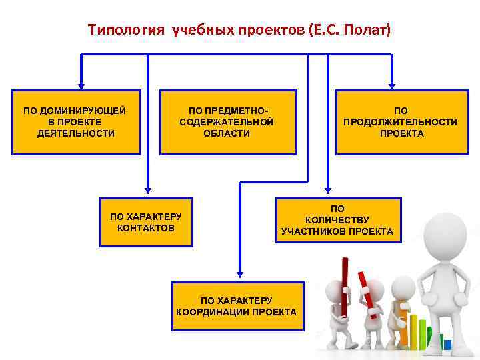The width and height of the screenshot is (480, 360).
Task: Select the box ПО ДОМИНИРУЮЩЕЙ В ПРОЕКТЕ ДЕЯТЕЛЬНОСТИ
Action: [75, 122]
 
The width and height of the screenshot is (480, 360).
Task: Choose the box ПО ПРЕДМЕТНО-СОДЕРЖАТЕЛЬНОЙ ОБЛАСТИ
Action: [227, 122]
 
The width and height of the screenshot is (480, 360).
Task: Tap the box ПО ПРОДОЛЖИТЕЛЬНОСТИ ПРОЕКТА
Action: [400, 122]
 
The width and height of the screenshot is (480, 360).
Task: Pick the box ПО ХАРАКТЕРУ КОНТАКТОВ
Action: [145, 222]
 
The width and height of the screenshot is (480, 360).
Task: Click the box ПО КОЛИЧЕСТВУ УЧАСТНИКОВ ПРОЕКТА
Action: [337, 221]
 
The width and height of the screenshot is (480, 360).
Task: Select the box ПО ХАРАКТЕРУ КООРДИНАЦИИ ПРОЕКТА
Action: [237, 306]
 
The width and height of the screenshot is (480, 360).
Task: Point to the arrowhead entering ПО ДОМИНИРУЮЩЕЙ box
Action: [81, 85]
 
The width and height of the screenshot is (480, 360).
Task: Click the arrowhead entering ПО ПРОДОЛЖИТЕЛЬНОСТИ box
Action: [392, 85]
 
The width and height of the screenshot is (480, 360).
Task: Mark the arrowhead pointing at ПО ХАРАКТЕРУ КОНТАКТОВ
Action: [148, 193]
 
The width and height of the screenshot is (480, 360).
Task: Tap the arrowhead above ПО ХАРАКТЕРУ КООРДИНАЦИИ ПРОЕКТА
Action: [239, 275]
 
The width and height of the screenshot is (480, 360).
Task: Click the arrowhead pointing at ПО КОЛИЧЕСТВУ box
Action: [327, 193]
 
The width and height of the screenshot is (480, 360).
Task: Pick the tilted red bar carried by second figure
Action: [366, 293]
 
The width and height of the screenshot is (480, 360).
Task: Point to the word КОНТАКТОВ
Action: [145, 228]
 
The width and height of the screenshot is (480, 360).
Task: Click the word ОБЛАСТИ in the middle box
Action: [227, 133]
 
